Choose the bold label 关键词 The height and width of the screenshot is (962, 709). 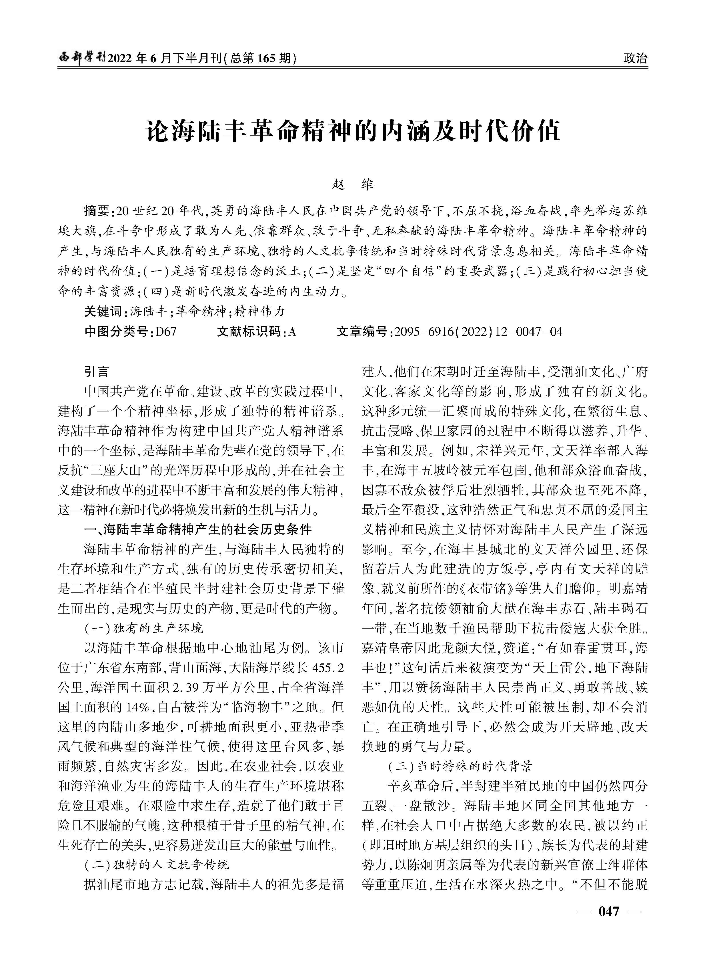click(x=103, y=311)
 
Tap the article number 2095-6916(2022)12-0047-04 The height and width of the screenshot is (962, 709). click(x=478, y=332)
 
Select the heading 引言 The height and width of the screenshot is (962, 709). click(x=97, y=372)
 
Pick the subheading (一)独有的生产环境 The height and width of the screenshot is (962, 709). click(x=143, y=629)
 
